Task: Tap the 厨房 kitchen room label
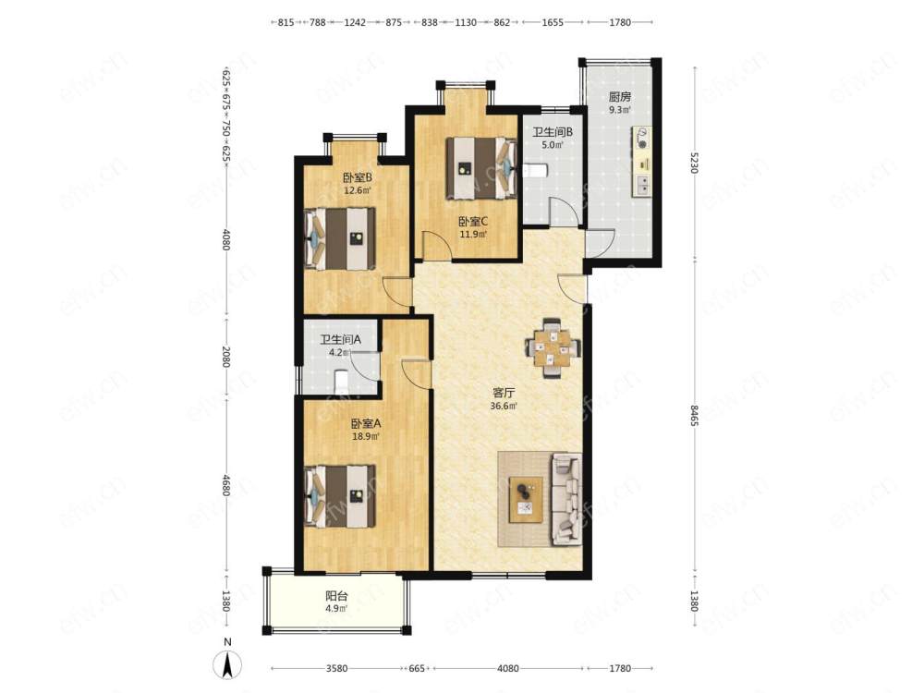(x=619, y=97)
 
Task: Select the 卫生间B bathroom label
(x=553, y=132)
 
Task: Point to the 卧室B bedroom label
(x=357, y=176)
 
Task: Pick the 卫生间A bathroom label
(x=340, y=340)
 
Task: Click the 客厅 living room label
(x=504, y=393)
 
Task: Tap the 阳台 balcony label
(x=336, y=595)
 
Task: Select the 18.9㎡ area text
(x=365, y=437)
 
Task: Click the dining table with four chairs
(x=553, y=347)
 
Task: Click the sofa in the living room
(x=567, y=499)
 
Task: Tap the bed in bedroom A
(x=340, y=496)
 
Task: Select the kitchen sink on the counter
(x=642, y=187)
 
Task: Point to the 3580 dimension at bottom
(x=336, y=668)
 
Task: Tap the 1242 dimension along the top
(x=355, y=22)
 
